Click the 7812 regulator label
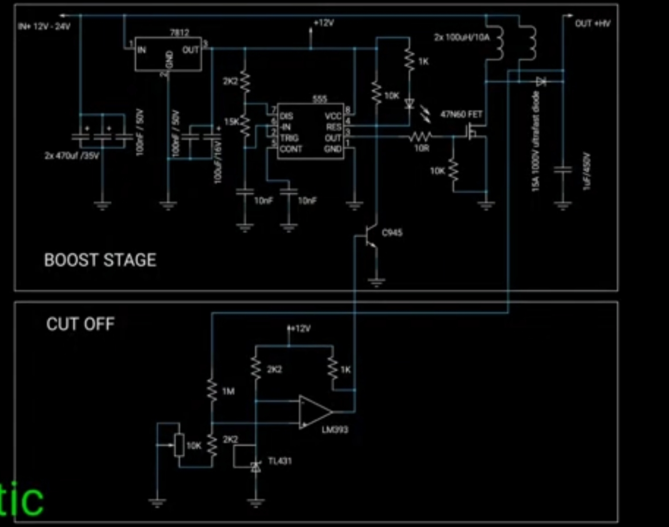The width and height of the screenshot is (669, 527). [x=179, y=32]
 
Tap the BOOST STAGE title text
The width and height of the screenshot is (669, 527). [x=100, y=260]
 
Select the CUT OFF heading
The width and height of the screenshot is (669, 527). [x=81, y=324]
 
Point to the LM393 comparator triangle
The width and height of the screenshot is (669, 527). [x=315, y=412]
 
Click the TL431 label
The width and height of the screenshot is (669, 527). [x=280, y=461]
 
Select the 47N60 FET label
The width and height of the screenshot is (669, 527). [x=461, y=114]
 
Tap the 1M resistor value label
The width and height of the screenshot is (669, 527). [x=228, y=391]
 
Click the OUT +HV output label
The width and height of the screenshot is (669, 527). [x=592, y=23]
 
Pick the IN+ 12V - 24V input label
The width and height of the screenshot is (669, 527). [x=44, y=26]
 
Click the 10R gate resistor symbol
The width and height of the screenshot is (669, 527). [x=420, y=137]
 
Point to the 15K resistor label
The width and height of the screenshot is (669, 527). [x=231, y=122]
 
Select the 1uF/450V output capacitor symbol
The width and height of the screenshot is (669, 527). [x=563, y=170]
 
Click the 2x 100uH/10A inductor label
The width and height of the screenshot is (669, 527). [x=461, y=37]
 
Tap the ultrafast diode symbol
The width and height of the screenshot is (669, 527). [x=541, y=81]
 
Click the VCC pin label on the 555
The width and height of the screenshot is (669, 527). [x=333, y=116]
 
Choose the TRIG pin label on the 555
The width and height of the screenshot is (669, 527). [x=289, y=138]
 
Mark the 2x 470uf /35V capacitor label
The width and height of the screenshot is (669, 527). [x=72, y=156]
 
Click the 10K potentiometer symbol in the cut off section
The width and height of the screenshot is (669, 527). [x=179, y=445]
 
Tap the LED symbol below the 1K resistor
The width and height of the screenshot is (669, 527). [x=409, y=103]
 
